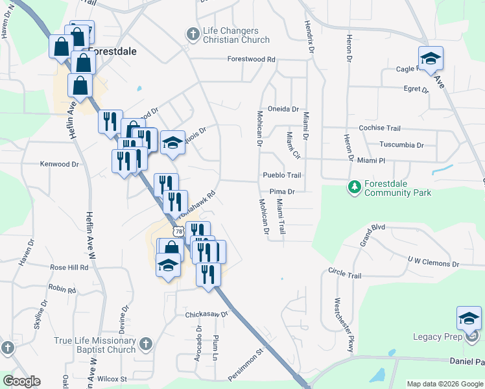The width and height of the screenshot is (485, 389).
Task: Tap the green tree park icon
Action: [x=354, y=187]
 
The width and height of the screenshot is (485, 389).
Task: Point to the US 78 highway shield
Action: [x=179, y=231]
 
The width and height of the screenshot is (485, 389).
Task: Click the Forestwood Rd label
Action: [x=252, y=59]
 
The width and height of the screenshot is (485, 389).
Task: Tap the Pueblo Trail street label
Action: [x=282, y=175]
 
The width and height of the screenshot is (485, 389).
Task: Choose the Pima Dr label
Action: [x=283, y=192]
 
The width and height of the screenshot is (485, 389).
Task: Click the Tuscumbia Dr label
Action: [x=401, y=145]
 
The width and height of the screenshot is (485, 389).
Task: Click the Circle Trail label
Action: [x=344, y=274]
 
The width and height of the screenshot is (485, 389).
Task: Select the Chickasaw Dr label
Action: [x=207, y=314]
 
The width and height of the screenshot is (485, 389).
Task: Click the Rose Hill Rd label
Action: [x=69, y=267]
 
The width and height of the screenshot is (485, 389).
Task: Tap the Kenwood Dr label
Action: [x=59, y=165]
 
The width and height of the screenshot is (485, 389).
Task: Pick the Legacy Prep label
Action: [x=437, y=336]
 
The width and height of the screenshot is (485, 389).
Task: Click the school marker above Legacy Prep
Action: [x=468, y=318]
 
